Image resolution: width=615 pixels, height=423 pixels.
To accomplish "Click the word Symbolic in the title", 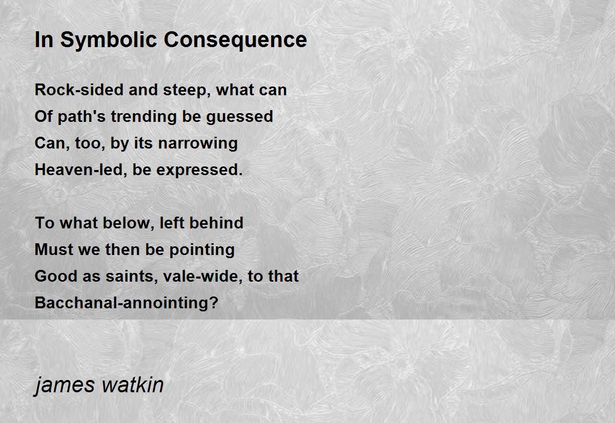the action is click(x=109, y=40).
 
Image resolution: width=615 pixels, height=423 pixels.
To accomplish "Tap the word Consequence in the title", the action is click(x=235, y=40).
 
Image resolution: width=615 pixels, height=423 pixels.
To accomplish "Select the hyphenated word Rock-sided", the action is click(x=79, y=90).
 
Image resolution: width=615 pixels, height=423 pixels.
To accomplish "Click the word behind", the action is click(x=216, y=223).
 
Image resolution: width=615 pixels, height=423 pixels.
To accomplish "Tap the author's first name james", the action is click(x=65, y=386).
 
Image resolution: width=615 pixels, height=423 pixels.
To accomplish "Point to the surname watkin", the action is click(x=133, y=385).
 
